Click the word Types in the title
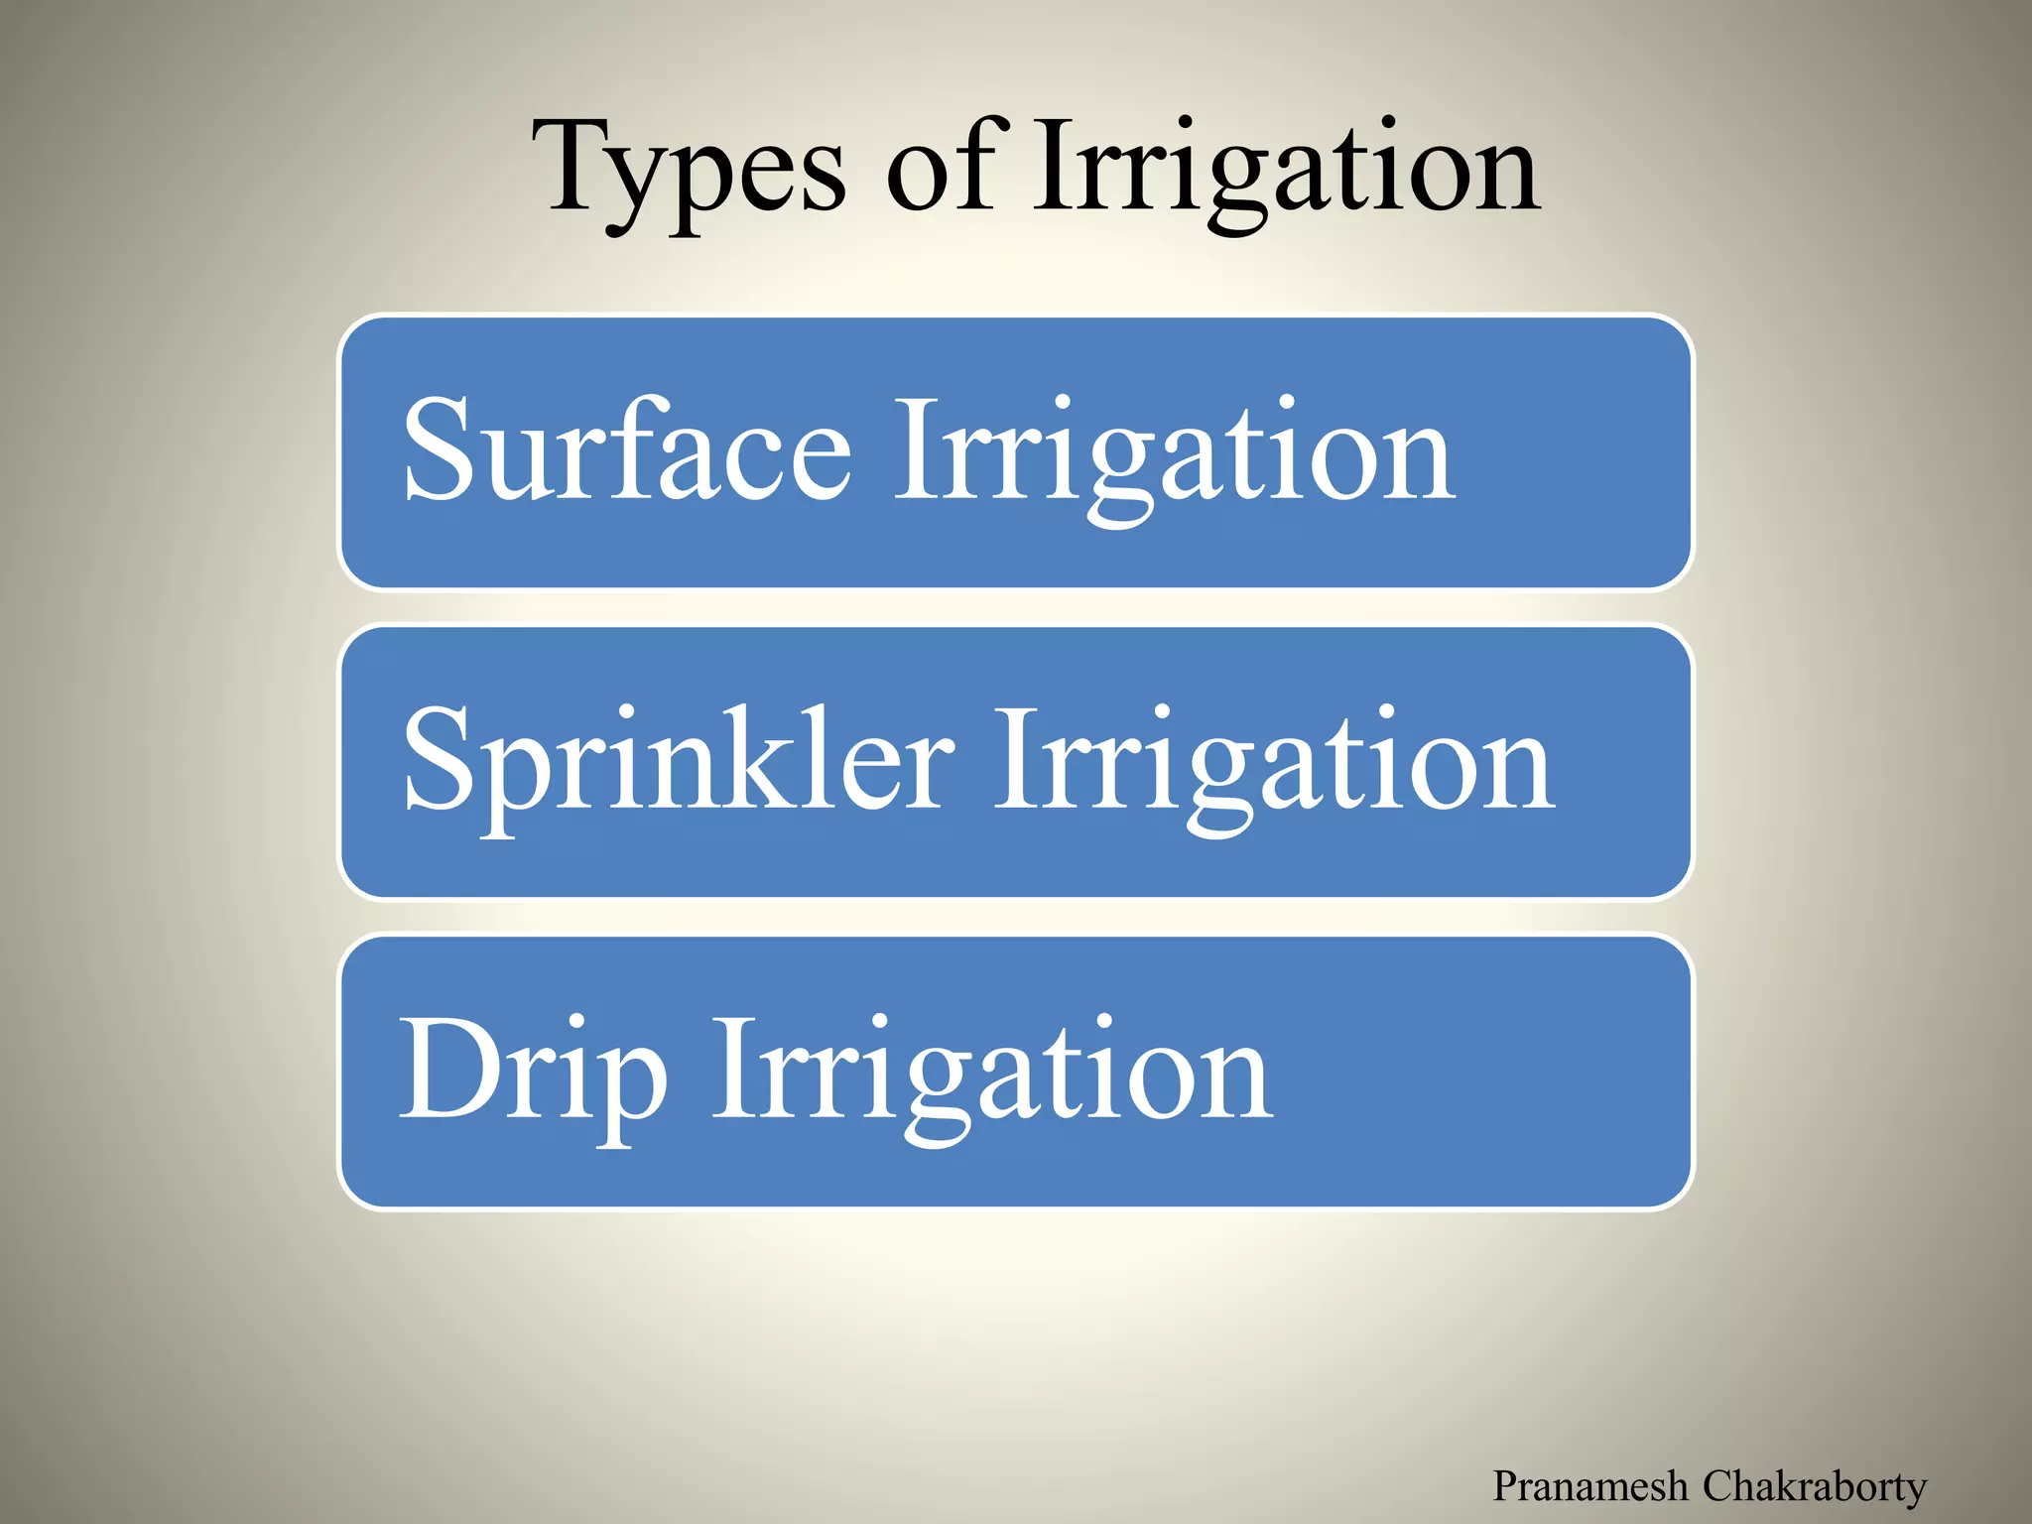point(689,169)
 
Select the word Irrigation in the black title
point(1286,169)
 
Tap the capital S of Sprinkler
point(437,759)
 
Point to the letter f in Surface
point(635,446)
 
